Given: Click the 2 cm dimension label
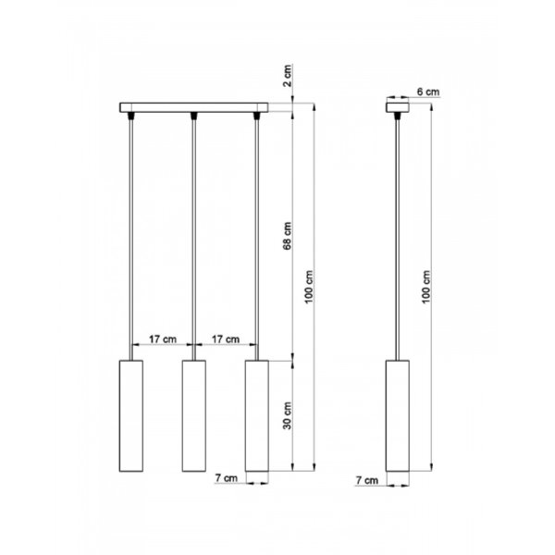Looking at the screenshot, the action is [x=288, y=76].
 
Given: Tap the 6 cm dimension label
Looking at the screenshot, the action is [x=428, y=92].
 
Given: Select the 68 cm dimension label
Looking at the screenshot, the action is [x=288, y=236].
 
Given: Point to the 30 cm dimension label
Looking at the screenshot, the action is [x=288, y=416].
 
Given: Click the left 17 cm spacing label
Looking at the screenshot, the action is [x=163, y=339].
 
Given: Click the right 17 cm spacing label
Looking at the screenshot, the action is [x=226, y=339].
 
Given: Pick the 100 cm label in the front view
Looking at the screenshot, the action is [x=309, y=287].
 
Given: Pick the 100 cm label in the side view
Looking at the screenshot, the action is [x=426, y=287].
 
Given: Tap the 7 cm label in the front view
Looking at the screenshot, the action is [x=227, y=478].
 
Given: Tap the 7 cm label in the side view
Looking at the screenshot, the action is [x=367, y=480].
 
